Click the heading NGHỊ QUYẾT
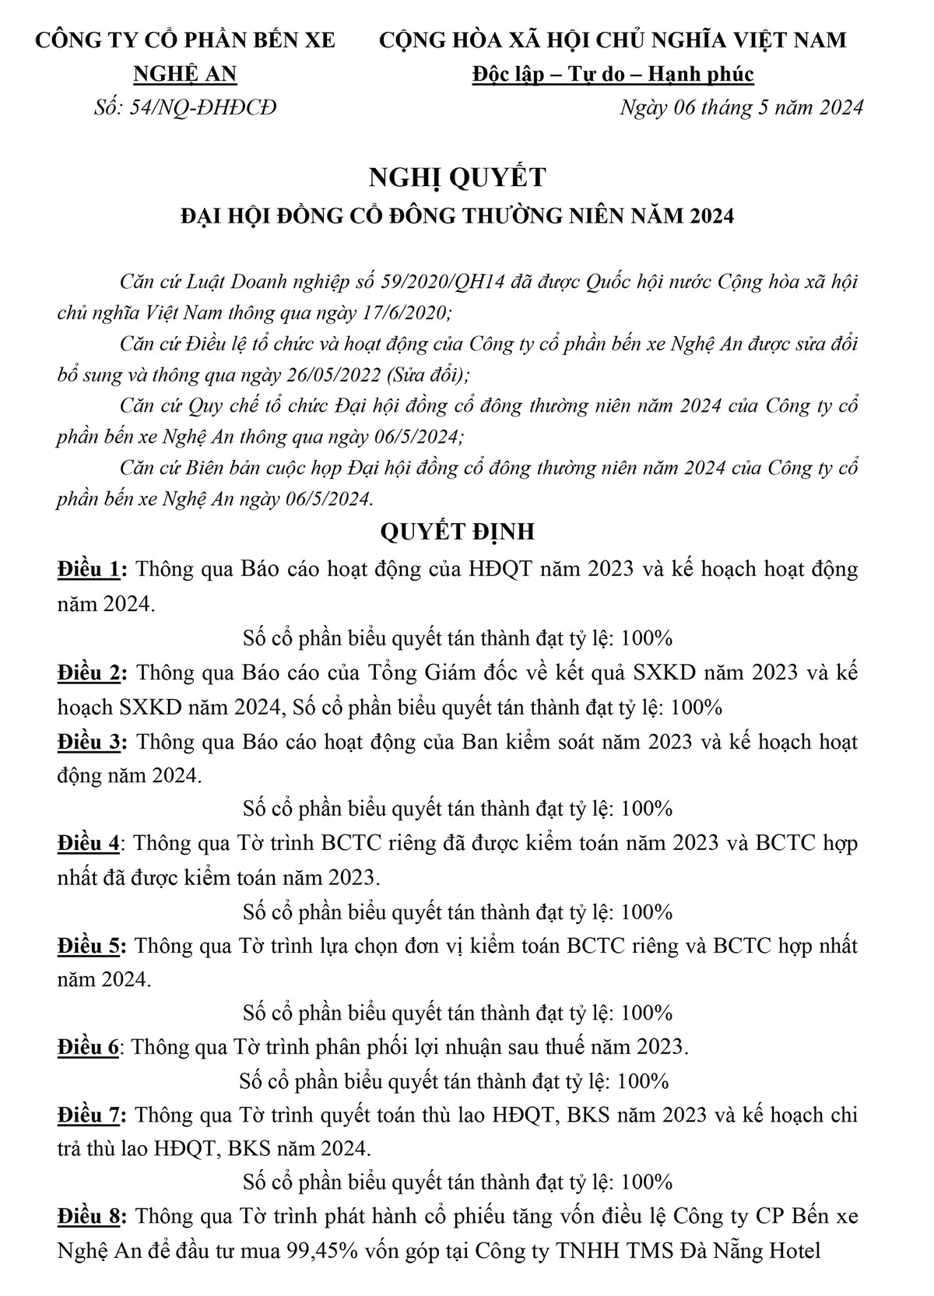tap(457, 178)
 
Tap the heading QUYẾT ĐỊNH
tap(457, 532)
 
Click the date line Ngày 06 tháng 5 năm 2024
tap(741, 107)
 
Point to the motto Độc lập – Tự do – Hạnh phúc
tap(613, 74)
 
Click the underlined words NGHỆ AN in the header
tap(185, 74)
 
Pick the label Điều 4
tap(90, 843)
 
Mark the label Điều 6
tap(89, 1047)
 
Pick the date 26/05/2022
tap(330, 375)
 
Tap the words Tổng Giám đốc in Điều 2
tap(427, 673)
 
